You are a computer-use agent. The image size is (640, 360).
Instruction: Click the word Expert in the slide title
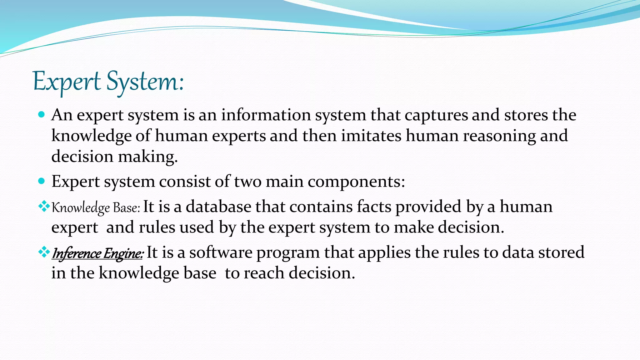67,82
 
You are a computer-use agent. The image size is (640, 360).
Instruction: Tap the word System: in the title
145,82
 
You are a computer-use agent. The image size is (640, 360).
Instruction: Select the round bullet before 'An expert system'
41,115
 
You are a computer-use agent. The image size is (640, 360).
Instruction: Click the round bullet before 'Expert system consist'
41,181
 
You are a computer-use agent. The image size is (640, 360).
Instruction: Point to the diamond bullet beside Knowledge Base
44,206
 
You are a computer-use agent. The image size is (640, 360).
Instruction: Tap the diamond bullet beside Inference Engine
44,252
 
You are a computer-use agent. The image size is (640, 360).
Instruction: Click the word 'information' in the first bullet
266,115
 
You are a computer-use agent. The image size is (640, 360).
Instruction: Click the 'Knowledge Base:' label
96,208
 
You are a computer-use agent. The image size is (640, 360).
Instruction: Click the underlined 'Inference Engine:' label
97,253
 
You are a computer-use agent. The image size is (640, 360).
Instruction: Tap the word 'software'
221,252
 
